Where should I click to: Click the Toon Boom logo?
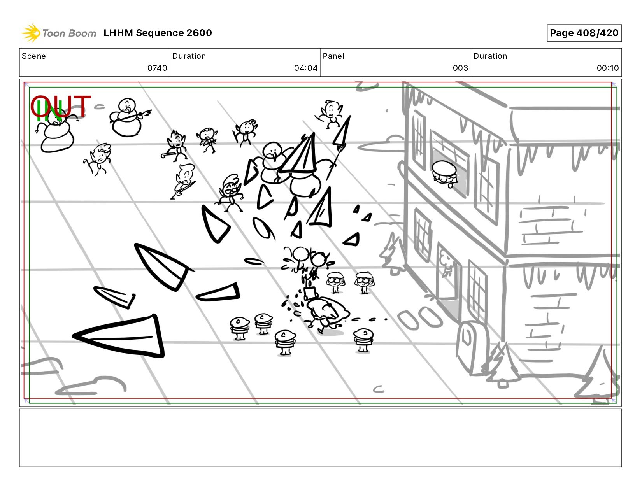(59, 33)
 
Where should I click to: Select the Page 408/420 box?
(584, 33)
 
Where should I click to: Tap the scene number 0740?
(157, 68)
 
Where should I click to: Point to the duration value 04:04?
(306, 68)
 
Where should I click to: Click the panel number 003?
(460, 68)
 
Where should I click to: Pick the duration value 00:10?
(608, 68)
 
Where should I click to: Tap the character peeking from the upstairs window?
(444, 174)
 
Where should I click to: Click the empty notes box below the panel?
(321, 438)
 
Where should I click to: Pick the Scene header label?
(34, 56)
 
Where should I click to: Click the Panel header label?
(333, 56)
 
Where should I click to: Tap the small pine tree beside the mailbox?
(502, 365)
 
